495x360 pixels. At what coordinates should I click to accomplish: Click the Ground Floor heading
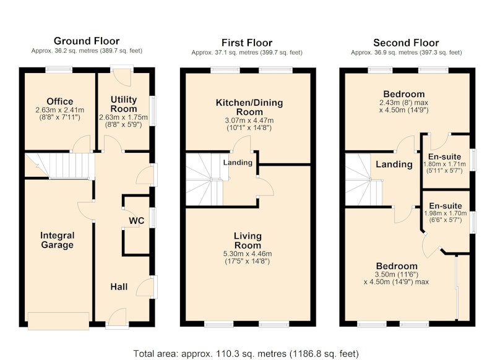pos(87,41)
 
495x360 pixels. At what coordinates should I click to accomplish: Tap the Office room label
pos(59,101)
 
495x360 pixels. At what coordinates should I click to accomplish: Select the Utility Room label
pos(123,104)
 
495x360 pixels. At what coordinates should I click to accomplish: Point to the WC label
pos(136,221)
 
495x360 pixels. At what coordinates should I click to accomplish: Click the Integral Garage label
pos(57,240)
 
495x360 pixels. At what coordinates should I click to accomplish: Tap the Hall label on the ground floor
pos(119,286)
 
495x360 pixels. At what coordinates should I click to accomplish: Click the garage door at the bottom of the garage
pos(58,321)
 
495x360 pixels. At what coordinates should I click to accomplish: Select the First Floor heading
pos(247,43)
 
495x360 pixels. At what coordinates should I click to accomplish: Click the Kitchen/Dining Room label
pos(249,107)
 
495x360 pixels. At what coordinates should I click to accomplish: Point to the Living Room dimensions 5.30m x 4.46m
pos(247,254)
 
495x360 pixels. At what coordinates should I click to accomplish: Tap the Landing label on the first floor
pos(238,163)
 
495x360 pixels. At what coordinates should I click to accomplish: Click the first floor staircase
pos(204,179)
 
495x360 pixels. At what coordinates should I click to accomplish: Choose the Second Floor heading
pos(406,43)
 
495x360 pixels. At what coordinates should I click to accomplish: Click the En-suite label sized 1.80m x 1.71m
pos(444,156)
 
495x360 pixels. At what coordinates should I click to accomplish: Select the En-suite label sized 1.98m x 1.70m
pos(445,206)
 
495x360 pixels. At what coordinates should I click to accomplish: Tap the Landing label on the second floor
pos(394,165)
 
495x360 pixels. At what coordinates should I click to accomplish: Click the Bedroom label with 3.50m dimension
pos(397,266)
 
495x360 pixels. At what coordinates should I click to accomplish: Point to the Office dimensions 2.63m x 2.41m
pos(59,110)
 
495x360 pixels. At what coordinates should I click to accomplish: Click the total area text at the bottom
pos(246,353)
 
